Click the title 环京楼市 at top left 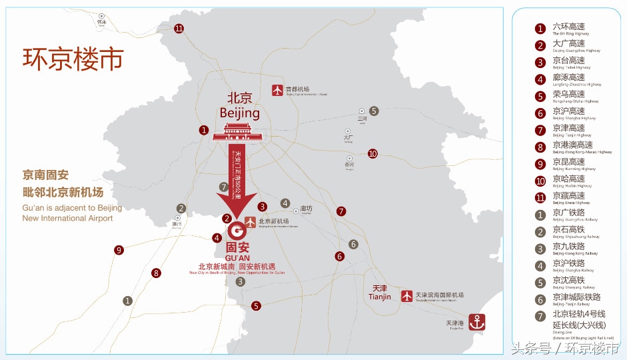[x=73, y=58]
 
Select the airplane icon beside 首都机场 [x=278, y=91]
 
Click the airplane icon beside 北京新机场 [x=250, y=222]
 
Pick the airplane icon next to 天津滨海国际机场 [x=407, y=295]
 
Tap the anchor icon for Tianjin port [x=476, y=321]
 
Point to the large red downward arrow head [x=237, y=203]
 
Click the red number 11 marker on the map [x=179, y=29]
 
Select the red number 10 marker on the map [x=372, y=153]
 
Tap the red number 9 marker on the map [x=119, y=250]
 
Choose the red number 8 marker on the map [x=156, y=273]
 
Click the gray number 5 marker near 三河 [x=374, y=111]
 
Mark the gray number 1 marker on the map [x=127, y=301]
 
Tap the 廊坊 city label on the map [x=307, y=208]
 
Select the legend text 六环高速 [x=568, y=27]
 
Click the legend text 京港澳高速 [x=572, y=145]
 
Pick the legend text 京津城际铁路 [x=576, y=297]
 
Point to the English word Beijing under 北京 [x=239, y=113]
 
